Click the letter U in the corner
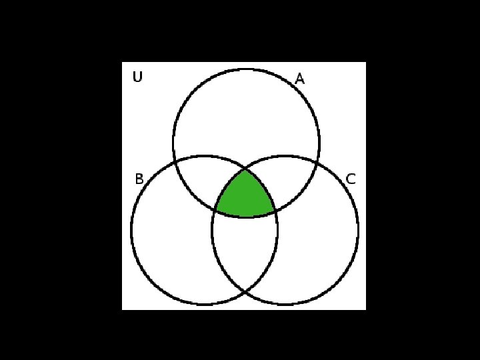coord(137,77)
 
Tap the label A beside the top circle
coord(299,79)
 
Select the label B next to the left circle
coord(139,179)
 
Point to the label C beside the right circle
coord(351,179)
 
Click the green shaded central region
coord(245,197)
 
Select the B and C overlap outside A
coord(245,250)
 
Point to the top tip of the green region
coord(245,169)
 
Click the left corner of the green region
coord(215,211)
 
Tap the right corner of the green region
coord(275,211)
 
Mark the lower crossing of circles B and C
coord(245,291)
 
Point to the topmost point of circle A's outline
coord(246,69)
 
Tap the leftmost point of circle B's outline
coord(131,231)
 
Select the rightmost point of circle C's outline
coord(358,231)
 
